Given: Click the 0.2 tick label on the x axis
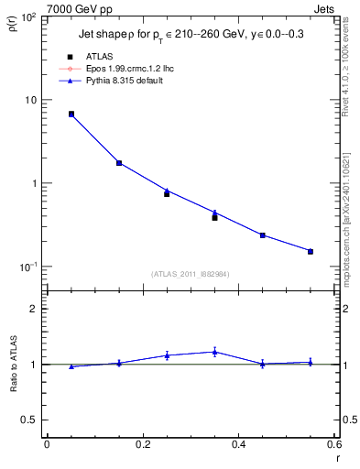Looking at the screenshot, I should point(142,445).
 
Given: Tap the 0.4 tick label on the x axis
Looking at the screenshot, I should point(238,445).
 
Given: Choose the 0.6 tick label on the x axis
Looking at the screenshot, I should point(333,445).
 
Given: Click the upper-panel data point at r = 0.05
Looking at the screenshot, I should point(71,115).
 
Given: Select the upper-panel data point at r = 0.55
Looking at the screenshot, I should point(311,251).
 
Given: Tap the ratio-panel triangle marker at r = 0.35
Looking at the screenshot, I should point(214,352).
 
